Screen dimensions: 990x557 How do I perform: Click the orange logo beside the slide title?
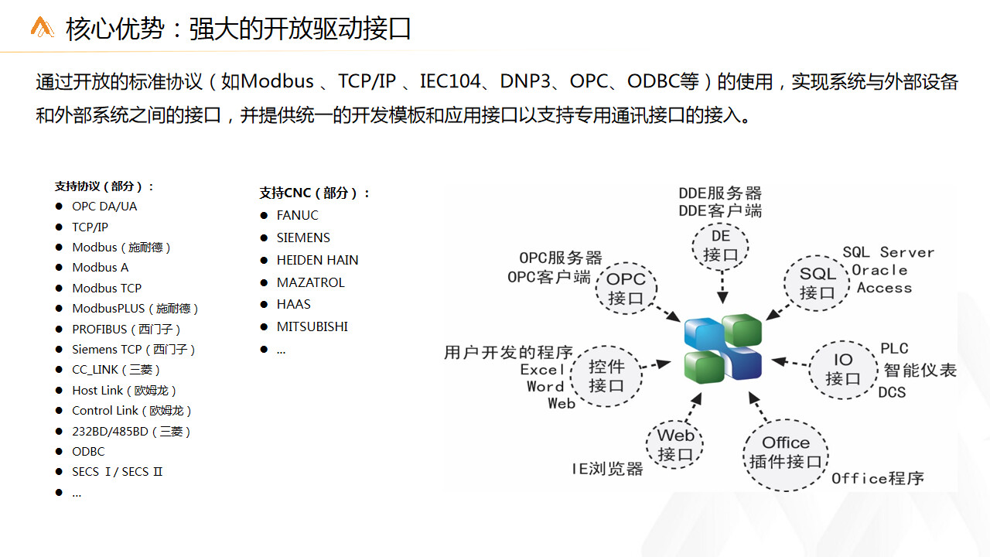tap(42, 27)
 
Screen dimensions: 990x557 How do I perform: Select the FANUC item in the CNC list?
tap(297, 215)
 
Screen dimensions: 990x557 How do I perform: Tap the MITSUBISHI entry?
tap(312, 326)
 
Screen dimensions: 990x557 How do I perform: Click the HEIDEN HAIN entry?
tap(317, 260)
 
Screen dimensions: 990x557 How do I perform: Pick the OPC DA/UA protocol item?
tap(104, 207)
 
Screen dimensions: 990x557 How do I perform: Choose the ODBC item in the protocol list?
tap(88, 451)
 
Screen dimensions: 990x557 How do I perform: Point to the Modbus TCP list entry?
tap(107, 289)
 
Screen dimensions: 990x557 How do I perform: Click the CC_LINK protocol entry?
tap(116, 370)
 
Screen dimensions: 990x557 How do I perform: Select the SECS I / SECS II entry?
tap(117, 472)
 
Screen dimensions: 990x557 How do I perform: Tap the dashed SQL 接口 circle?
tap(817, 283)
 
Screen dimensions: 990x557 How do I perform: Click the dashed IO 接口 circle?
tap(843, 370)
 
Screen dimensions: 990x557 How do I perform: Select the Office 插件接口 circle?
tap(785, 455)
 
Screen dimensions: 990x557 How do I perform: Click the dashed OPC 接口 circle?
tap(626, 289)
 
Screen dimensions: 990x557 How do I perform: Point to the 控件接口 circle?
tap(606, 376)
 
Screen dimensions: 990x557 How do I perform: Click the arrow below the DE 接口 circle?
tap(722, 286)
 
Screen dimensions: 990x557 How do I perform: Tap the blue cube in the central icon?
tap(704, 333)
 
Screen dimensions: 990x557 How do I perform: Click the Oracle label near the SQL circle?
tap(879, 270)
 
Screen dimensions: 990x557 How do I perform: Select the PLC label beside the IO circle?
tap(894, 348)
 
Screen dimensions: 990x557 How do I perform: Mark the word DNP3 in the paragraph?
tap(525, 81)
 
